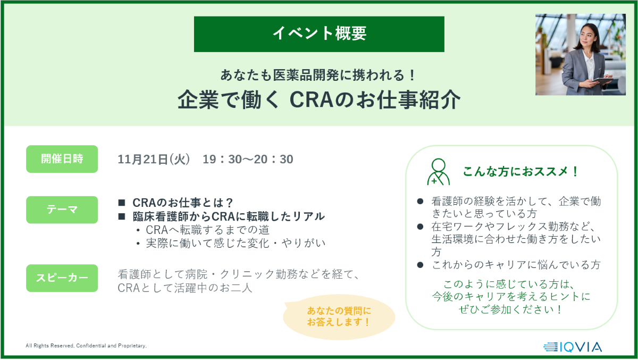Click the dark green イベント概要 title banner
(319, 34)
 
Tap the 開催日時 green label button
(62, 159)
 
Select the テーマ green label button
(62, 210)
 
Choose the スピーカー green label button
(62, 278)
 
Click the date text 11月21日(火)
(154, 159)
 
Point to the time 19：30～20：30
(248, 159)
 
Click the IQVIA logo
(573, 347)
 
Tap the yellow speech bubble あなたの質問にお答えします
(339, 317)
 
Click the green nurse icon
(438, 172)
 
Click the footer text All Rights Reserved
(86, 346)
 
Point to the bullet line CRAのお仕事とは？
(182, 203)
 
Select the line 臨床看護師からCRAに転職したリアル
(229, 216)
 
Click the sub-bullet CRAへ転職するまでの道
(208, 230)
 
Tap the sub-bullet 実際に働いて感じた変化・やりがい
(236, 243)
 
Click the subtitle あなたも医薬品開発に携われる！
(318, 75)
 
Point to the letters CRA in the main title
(312, 99)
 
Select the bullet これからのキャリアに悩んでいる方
(516, 265)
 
